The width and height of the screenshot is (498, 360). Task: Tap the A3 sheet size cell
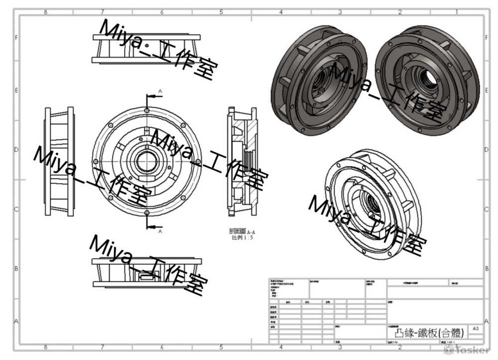tap(476, 329)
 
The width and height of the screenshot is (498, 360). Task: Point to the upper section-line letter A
tap(160, 91)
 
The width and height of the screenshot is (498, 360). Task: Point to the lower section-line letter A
tap(160, 232)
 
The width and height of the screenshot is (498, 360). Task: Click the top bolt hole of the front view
tap(147, 110)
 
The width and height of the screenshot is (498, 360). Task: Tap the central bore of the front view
tap(146, 162)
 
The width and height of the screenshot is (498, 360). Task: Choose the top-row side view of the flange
tap(146, 48)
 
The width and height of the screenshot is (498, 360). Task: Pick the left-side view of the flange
tap(60, 162)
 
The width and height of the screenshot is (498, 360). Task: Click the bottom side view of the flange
tap(146, 273)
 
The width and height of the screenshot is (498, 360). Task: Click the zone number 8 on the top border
tap(46, 12)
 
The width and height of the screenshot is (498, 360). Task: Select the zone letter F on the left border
tap(16, 38)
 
